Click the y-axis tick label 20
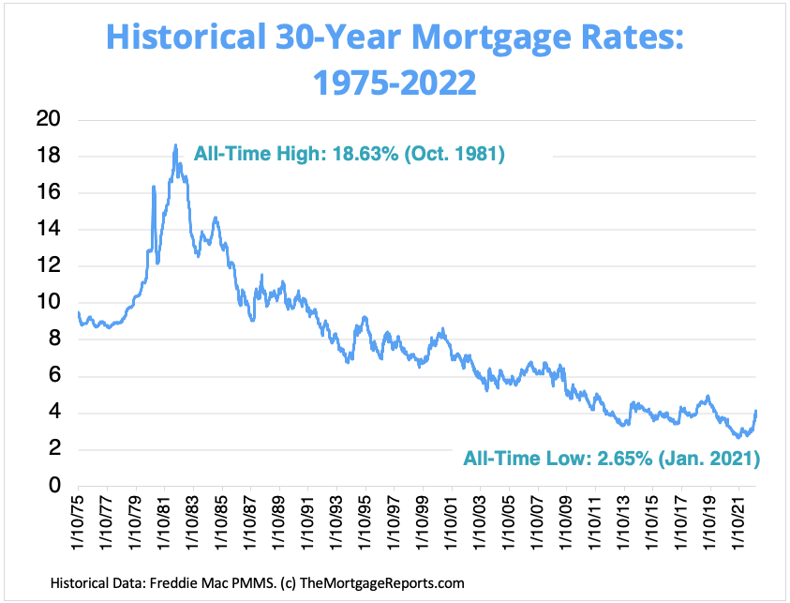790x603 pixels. (49, 119)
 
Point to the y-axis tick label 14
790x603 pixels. (49, 229)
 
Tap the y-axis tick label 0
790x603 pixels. (54, 485)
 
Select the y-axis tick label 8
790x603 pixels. (54, 339)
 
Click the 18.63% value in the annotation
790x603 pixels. (365, 154)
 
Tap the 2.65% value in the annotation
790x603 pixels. (625, 459)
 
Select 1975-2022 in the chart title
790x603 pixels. (395, 83)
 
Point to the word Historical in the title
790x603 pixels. (186, 37)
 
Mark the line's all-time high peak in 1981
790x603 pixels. (175, 145)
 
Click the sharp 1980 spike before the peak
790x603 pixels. (154, 187)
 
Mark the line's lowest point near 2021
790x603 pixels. (738, 437)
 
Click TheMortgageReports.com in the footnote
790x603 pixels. (382, 583)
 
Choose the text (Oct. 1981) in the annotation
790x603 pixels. (455, 154)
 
